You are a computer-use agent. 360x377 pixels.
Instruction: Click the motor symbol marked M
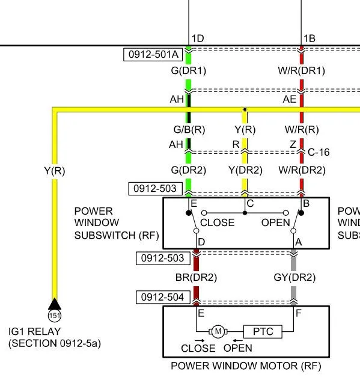pyautogui.click(x=218, y=331)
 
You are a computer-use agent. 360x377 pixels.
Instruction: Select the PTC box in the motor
pyautogui.click(x=263, y=331)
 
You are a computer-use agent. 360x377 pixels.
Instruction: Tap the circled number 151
pyautogui.click(x=55, y=316)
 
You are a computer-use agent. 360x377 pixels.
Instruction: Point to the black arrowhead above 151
pyautogui.click(x=55, y=304)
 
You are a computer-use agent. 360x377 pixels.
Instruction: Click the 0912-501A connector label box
pyautogui.click(x=153, y=54)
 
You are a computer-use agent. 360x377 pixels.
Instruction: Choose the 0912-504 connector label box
pyautogui.click(x=163, y=297)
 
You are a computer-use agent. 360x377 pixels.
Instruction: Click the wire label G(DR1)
pyautogui.click(x=188, y=71)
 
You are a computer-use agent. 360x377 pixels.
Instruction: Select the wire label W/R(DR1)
pyautogui.click(x=301, y=71)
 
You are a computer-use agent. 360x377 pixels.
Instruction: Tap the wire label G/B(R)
pyautogui.click(x=189, y=130)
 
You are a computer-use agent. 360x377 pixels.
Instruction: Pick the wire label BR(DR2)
pyautogui.click(x=196, y=277)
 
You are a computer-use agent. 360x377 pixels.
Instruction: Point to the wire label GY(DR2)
pyautogui.click(x=294, y=277)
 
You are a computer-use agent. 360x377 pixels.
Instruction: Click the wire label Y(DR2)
pyautogui.click(x=245, y=170)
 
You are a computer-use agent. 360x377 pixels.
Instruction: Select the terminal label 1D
pyautogui.click(x=198, y=38)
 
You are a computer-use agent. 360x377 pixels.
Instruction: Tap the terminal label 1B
pyautogui.click(x=310, y=38)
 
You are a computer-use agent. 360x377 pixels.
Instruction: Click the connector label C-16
pyautogui.click(x=319, y=152)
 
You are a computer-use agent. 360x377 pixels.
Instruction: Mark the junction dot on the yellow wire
pyautogui.click(x=245, y=109)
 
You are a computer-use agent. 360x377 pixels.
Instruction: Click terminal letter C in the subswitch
pyautogui.click(x=250, y=204)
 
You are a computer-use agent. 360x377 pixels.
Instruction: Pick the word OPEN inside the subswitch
pyautogui.click(x=276, y=222)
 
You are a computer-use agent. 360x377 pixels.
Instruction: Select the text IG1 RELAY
pyautogui.click(x=34, y=331)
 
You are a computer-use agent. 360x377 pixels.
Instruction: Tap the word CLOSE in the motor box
pyautogui.click(x=198, y=348)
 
